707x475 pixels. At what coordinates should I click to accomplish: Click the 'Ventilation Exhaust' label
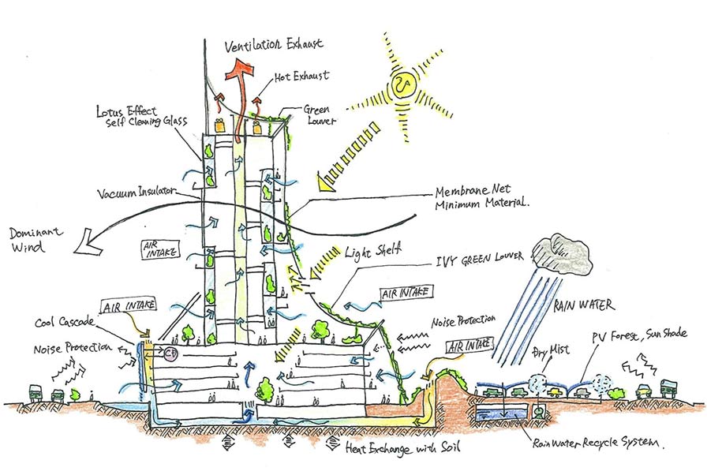275,45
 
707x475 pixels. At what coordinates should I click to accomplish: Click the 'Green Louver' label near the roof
320,116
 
